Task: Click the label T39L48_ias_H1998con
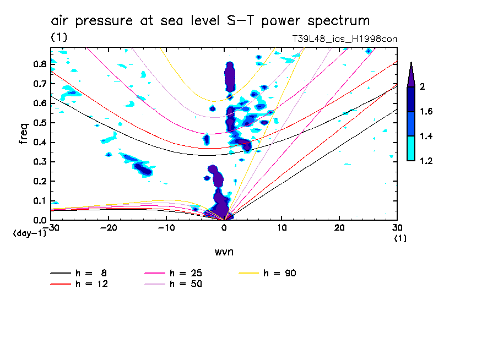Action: [x=344, y=39]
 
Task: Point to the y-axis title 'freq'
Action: [x=24, y=134]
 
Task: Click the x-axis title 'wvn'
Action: [x=224, y=252]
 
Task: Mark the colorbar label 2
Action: [x=423, y=87]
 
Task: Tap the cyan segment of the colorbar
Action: [x=411, y=149]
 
